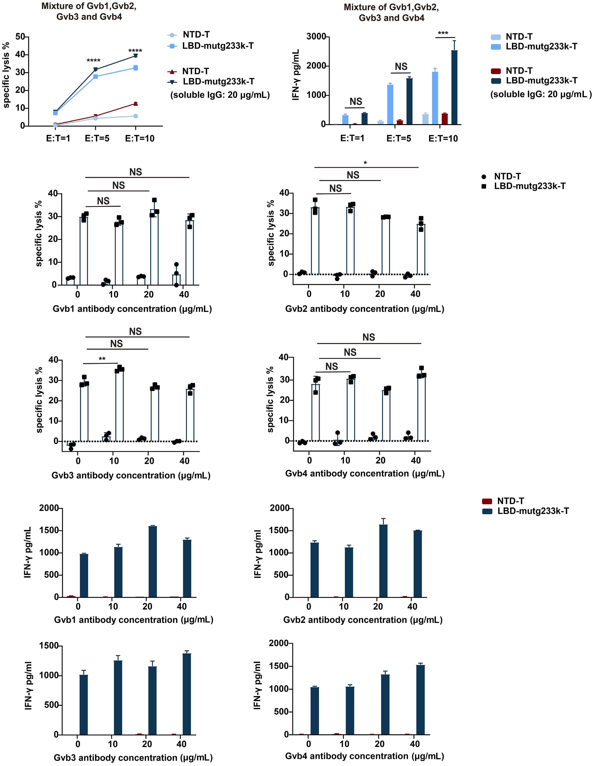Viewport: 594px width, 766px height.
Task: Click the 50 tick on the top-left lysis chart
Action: click(20, 37)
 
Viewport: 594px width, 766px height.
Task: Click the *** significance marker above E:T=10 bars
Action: click(443, 34)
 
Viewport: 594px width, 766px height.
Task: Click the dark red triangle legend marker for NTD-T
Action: click(172, 72)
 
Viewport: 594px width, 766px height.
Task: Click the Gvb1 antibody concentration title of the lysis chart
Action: click(132, 309)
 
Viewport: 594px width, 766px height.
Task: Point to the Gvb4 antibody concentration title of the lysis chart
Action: click(365, 474)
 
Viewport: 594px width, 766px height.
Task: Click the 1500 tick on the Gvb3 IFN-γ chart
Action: click(49, 646)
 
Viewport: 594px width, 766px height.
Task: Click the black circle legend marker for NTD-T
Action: click(484, 177)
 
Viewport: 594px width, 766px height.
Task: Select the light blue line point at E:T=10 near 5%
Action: click(135, 116)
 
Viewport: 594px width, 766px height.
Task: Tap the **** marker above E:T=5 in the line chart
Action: click(93, 61)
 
